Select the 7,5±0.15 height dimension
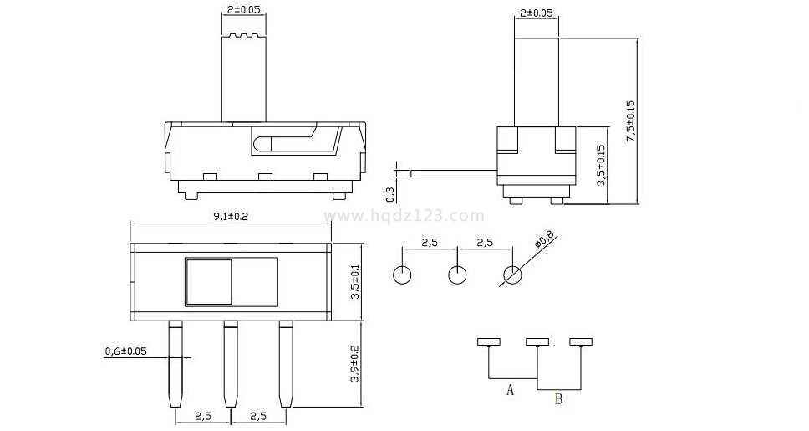631,121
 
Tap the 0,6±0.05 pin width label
125,351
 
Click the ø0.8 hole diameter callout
544,242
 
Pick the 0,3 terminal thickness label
390,194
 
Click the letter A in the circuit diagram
509,389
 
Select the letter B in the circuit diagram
558,399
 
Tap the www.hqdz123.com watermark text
404,216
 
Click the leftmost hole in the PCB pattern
403,275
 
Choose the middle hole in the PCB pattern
457,275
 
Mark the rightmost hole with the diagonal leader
511,275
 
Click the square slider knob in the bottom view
208,281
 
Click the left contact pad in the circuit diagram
487,341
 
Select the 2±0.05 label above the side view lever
536,13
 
